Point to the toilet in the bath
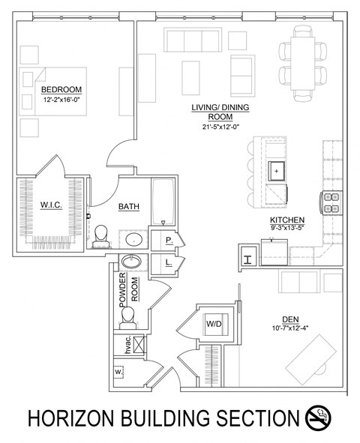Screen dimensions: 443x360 click(x=100, y=238)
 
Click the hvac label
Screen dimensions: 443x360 click(x=118, y=346)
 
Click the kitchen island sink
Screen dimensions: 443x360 click(x=277, y=170)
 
